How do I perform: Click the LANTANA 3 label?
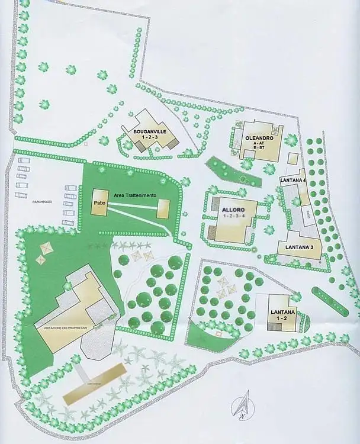(299, 247)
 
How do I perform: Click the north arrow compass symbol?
(241, 407)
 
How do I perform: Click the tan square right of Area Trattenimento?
(164, 208)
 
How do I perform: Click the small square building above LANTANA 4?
(292, 159)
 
